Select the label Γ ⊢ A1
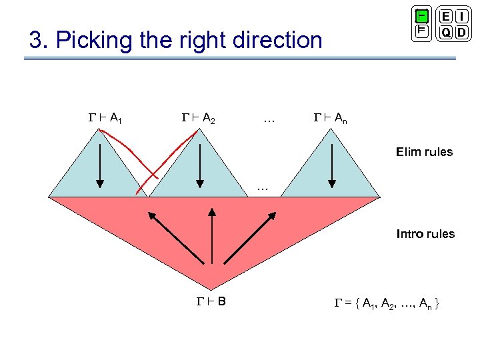click(x=105, y=119)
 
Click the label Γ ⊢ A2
click(x=198, y=119)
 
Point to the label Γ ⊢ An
click(x=330, y=119)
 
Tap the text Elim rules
click(x=424, y=152)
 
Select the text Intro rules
click(x=425, y=234)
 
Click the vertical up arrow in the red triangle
click(x=211, y=234)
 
